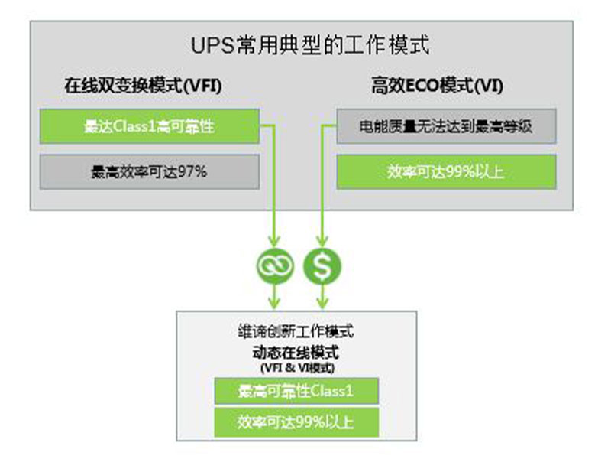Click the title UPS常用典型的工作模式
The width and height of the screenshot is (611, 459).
pos(309,45)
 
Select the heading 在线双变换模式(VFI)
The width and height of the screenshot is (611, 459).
pos(143,86)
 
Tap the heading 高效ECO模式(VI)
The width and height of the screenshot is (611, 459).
pos(437,86)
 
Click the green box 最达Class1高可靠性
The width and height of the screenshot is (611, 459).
pos(149,126)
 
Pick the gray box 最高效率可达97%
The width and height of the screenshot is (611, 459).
pos(149,172)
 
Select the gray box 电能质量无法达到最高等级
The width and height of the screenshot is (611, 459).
pos(446,126)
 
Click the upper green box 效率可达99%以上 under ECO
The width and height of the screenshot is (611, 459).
pos(446,172)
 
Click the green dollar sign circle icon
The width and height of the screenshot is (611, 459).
pos(322,266)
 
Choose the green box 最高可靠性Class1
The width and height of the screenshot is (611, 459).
pos(296,392)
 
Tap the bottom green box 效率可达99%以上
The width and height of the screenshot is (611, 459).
pos(296,422)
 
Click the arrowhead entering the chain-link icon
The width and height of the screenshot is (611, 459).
pos(273,242)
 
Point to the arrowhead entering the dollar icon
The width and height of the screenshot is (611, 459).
pos(322,242)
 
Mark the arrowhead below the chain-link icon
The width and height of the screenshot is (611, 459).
pos(273,300)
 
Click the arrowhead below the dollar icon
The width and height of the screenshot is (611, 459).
pos(322,300)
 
